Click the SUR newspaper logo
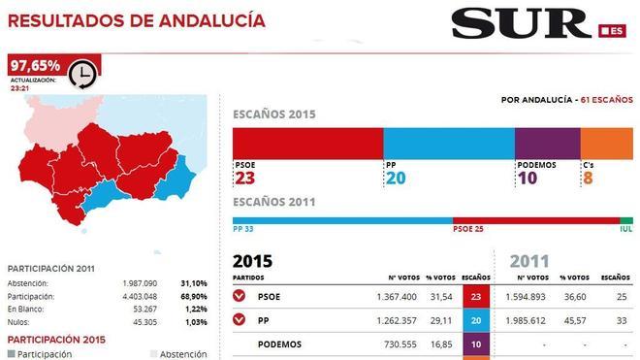[x=522, y=22]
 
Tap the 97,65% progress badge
[x=35, y=66]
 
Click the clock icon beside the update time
[x=83, y=76]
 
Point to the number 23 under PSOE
[x=244, y=179]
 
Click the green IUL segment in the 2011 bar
[x=625, y=220]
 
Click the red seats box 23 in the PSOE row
[x=477, y=296]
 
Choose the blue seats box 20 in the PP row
[x=477, y=320]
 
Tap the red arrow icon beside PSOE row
[x=240, y=296]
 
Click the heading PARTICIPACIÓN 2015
[x=56, y=340]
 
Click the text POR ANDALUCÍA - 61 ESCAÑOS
[x=566, y=100]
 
